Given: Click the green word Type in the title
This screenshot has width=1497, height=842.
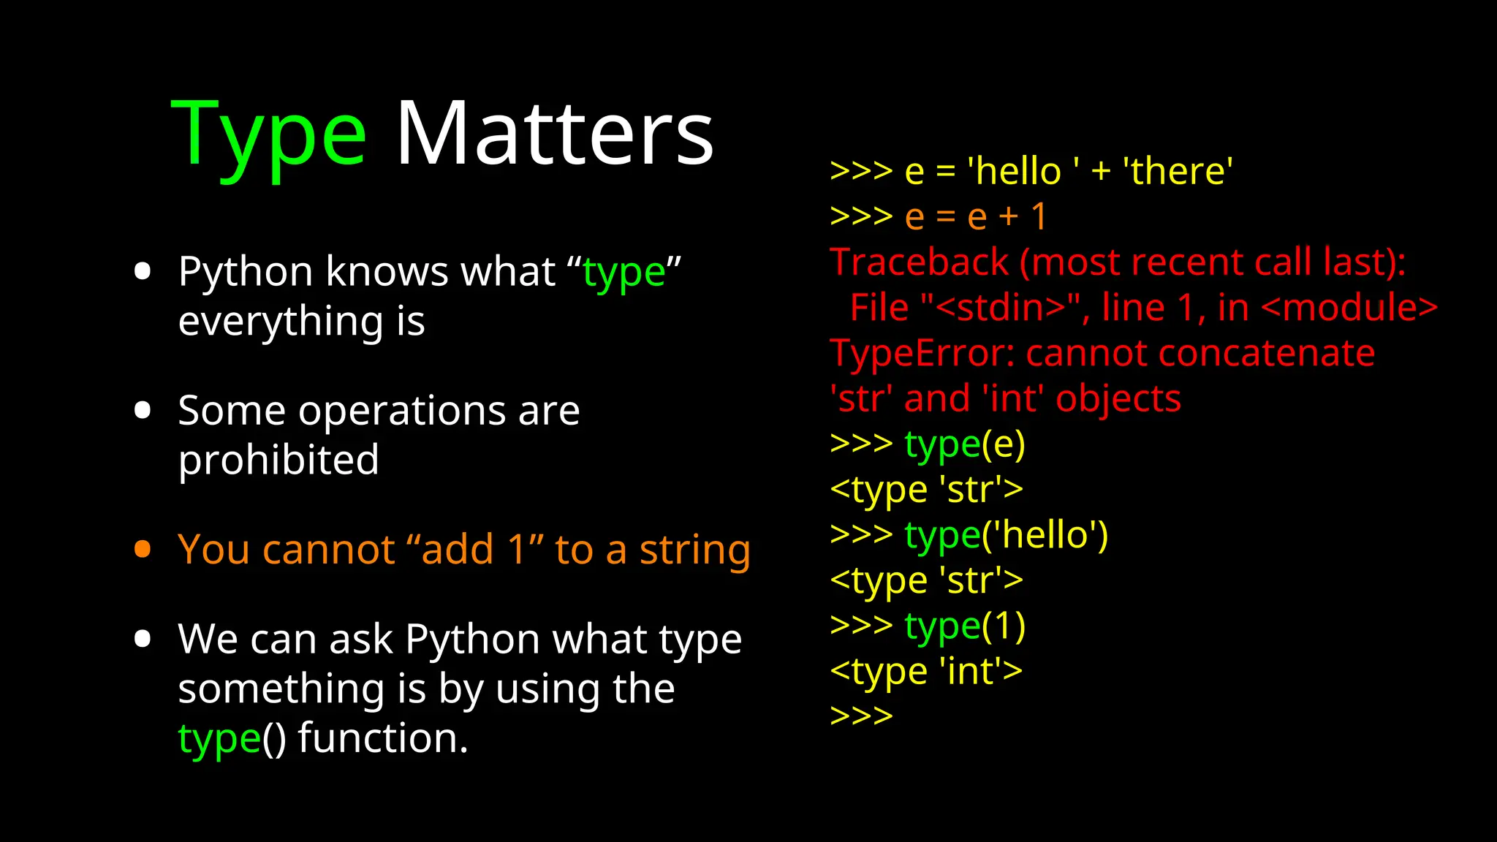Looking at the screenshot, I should click(x=268, y=135).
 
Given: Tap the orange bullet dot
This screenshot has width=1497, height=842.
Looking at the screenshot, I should click(x=143, y=549).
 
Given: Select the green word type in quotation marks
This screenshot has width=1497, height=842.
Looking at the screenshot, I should click(x=624, y=273).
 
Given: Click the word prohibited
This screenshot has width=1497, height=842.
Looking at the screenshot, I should click(x=278, y=460).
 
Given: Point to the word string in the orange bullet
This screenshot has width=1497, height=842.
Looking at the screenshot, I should click(x=694, y=550).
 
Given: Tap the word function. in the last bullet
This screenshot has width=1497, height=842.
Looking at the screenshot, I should click(x=383, y=737).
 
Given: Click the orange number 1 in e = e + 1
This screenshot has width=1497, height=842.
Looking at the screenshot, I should click(x=1039, y=216).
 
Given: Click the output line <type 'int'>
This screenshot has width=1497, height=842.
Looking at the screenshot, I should click(x=926, y=671).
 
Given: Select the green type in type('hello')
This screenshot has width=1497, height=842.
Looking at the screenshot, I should click(x=941, y=536).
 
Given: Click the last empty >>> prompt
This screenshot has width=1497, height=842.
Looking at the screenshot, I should click(x=861, y=715).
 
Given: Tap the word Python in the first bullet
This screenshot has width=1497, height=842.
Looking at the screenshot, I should click(x=246, y=272).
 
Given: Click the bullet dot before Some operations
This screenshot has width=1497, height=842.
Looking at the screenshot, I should click(x=143, y=410).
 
